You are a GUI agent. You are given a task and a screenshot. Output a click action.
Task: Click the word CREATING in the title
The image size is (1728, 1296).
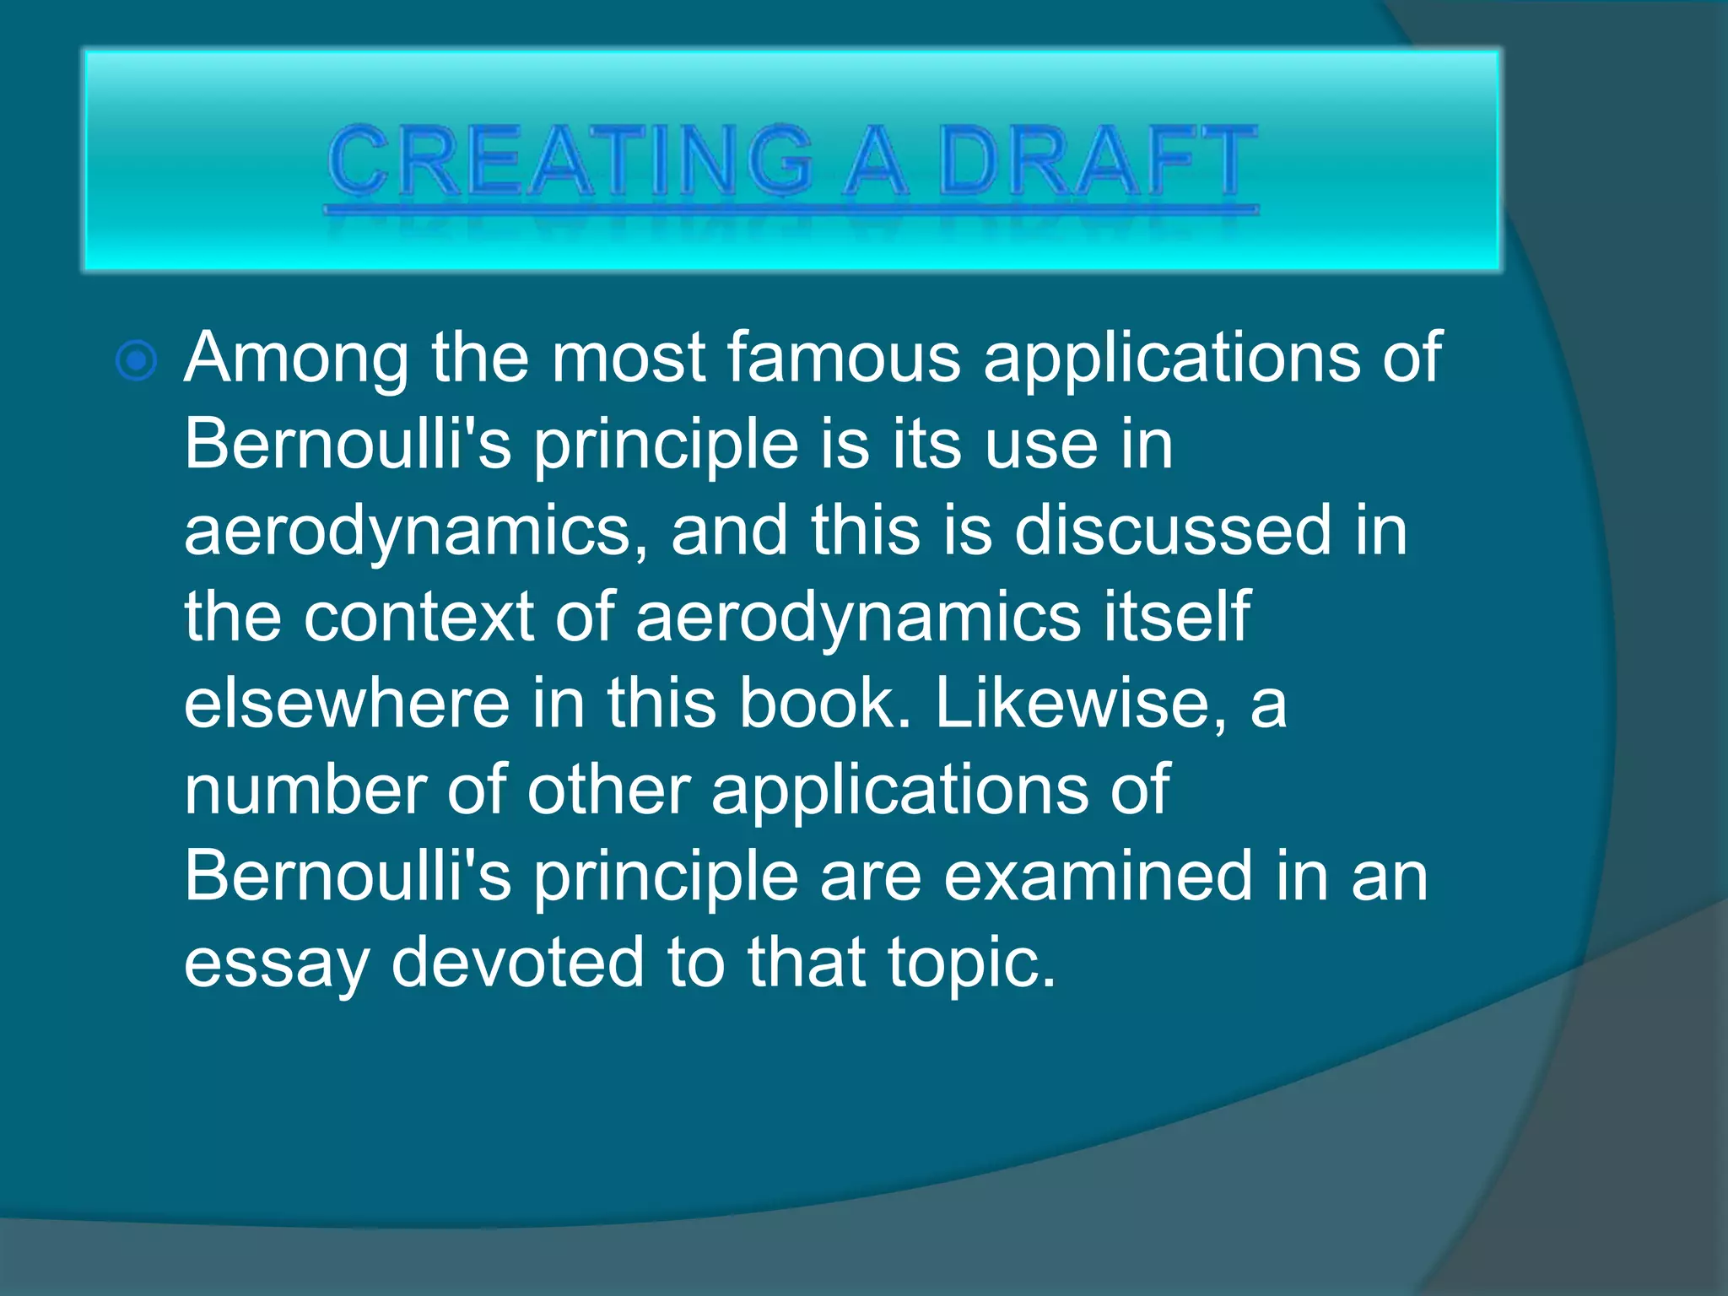tap(570, 160)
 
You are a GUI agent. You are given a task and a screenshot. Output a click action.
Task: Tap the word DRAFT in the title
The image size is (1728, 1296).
tap(1098, 160)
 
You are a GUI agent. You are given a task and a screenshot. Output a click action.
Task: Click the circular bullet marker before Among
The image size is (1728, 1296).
tap(137, 361)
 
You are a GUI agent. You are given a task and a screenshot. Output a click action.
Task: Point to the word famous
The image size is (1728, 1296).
tap(843, 358)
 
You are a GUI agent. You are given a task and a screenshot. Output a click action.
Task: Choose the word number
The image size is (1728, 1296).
tap(304, 791)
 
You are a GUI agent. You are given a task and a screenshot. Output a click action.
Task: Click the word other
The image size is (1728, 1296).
tap(608, 791)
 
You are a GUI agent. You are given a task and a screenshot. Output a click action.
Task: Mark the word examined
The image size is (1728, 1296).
tap(1098, 877)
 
